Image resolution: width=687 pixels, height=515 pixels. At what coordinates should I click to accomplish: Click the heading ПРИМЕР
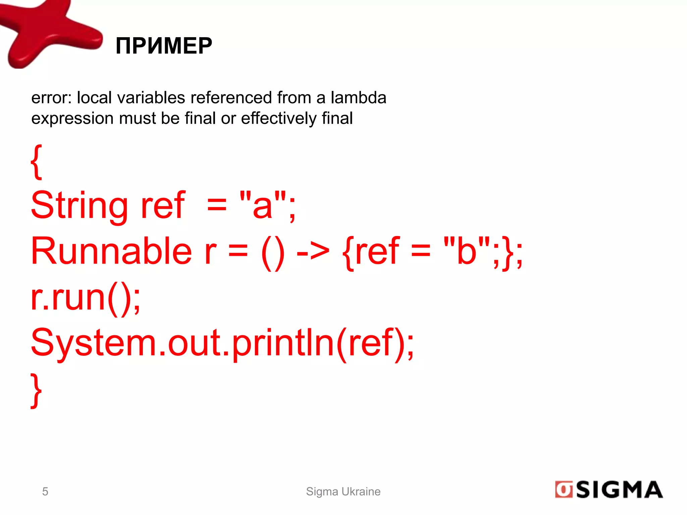(164, 46)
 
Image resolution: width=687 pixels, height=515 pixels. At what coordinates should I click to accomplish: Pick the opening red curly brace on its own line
(36, 162)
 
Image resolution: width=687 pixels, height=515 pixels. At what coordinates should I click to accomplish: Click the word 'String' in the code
(79, 205)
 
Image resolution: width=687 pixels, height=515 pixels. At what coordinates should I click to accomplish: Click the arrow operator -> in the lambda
(313, 251)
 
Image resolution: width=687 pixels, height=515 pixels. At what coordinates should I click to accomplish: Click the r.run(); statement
(86, 297)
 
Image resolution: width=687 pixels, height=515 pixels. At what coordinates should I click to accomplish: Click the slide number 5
(45, 492)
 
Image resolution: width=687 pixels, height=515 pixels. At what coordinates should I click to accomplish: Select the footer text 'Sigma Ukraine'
(343, 492)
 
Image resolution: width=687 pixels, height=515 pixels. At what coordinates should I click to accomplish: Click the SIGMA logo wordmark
(619, 490)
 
